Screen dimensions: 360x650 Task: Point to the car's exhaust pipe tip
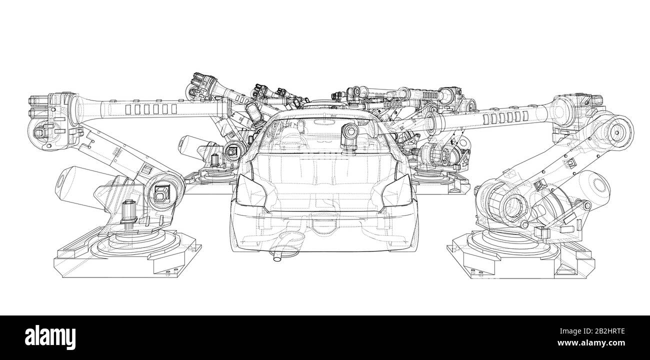point(276,257)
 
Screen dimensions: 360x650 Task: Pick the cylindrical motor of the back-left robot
point(190,147)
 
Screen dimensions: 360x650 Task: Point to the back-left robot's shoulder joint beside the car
point(232,148)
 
